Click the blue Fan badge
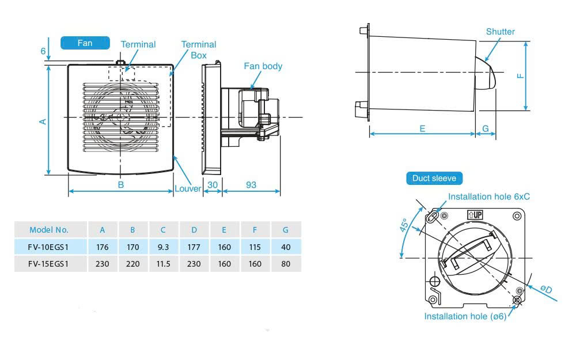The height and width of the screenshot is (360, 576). (85, 43)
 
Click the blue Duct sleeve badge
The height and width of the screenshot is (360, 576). (434, 178)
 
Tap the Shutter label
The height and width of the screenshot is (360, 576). (500, 32)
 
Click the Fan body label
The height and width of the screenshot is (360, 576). (263, 66)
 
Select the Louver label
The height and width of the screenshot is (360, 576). (188, 188)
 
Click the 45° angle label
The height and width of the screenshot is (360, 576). (405, 225)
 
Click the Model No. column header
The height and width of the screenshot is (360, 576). (49, 229)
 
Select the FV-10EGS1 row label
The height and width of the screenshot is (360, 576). (49, 247)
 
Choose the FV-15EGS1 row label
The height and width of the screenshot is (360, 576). (49, 264)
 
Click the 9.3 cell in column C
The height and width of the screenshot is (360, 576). (164, 247)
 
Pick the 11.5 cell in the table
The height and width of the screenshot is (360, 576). (164, 264)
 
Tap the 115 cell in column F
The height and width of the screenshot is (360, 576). (255, 247)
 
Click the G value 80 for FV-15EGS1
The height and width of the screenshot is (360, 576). (286, 264)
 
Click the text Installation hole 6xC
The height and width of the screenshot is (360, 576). (489, 196)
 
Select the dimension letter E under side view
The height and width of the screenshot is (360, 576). (422, 128)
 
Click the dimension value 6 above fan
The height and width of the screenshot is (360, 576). (43, 51)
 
